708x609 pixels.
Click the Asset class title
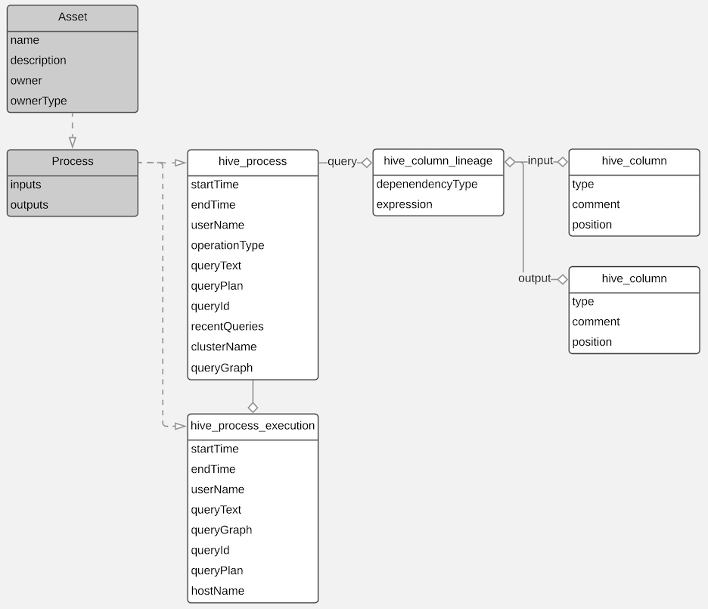point(73,17)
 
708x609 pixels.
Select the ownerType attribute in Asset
point(39,101)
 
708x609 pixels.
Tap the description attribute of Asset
point(39,61)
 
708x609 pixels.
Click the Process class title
point(73,161)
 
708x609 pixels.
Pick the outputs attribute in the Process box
point(29,205)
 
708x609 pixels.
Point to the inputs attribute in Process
point(26,185)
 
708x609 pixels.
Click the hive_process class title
point(253,161)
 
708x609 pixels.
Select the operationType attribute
point(228,245)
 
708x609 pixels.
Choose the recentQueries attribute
point(228,327)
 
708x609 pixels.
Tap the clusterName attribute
point(224,346)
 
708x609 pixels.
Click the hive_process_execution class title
point(253,426)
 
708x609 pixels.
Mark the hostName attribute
point(218,591)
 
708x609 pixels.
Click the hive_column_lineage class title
point(438,160)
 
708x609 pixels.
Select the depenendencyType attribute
point(427,184)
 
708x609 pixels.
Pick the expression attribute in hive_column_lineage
point(405,204)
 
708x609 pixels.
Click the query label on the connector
point(342,161)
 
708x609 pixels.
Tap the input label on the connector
point(540,161)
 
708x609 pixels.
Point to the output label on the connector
point(535,278)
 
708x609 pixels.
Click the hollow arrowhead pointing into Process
point(73,141)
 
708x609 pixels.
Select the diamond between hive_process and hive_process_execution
point(253,407)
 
